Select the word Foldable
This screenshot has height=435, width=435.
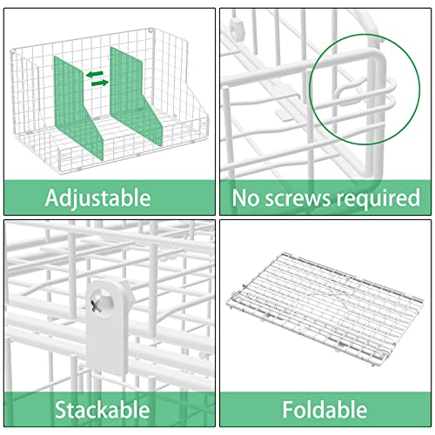click(x=325, y=409)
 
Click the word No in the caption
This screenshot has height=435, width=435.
click(x=246, y=198)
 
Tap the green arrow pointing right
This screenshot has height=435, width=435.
click(x=100, y=83)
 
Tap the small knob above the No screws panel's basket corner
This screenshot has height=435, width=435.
click(x=235, y=27)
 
